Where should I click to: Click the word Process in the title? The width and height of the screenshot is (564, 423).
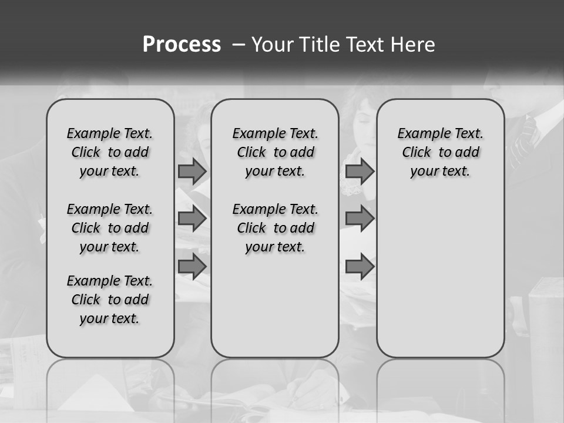tap(182, 45)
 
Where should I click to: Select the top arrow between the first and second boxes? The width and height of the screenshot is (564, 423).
tap(192, 171)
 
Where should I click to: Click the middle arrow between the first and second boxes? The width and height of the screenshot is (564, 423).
tap(192, 219)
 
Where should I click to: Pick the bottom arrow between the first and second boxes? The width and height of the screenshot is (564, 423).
tap(192, 266)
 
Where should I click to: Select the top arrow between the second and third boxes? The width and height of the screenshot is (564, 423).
tap(360, 171)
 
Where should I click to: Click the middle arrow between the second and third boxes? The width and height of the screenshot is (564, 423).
tap(360, 219)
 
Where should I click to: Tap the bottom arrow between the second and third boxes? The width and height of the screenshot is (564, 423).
tap(360, 266)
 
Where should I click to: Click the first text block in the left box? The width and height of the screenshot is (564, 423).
tap(110, 152)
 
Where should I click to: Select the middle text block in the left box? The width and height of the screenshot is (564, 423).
tap(110, 228)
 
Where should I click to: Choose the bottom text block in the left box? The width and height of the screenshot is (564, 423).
tap(110, 300)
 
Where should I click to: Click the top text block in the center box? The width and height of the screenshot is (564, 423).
tap(275, 152)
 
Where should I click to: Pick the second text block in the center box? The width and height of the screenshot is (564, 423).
tap(275, 228)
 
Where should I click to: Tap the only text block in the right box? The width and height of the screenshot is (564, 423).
tap(440, 152)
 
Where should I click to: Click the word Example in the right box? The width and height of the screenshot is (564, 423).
tap(420, 133)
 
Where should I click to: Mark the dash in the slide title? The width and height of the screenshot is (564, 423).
tap(238, 45)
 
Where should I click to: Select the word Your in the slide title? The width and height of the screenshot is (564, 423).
tap(270, 45)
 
